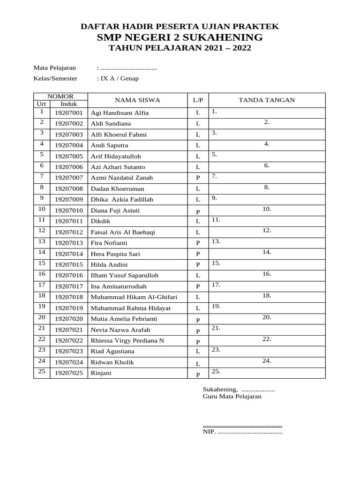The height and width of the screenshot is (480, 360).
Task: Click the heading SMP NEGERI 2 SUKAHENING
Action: point(180,37)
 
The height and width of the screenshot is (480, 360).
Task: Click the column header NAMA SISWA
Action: point(137,100)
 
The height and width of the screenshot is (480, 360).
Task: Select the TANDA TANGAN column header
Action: point(267,100)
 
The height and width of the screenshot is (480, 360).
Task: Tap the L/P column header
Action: point(198,100)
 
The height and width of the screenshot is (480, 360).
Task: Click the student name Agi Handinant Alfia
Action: point(120,113)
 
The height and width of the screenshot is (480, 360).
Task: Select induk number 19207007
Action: point(68,178)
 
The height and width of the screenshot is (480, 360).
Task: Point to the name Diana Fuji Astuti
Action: point(115,210)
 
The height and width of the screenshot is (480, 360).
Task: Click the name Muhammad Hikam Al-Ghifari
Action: point(134,297)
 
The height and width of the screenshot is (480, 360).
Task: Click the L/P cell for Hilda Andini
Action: point(198,265)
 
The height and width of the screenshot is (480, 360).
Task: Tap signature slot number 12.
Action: point(267,231)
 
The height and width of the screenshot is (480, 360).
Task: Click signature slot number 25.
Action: point(216,372)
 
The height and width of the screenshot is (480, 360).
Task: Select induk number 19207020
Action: point(68,319)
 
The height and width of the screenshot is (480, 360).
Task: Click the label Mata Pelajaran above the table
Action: point(54,68)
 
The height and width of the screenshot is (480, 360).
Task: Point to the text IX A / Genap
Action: point(118,79)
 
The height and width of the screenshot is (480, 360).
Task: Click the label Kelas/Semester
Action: point(55,79)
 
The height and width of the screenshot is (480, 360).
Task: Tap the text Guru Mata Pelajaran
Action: point(232,397)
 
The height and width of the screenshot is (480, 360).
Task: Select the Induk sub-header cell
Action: point(68,104)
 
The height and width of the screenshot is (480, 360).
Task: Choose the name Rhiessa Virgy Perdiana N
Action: point(127,341)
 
